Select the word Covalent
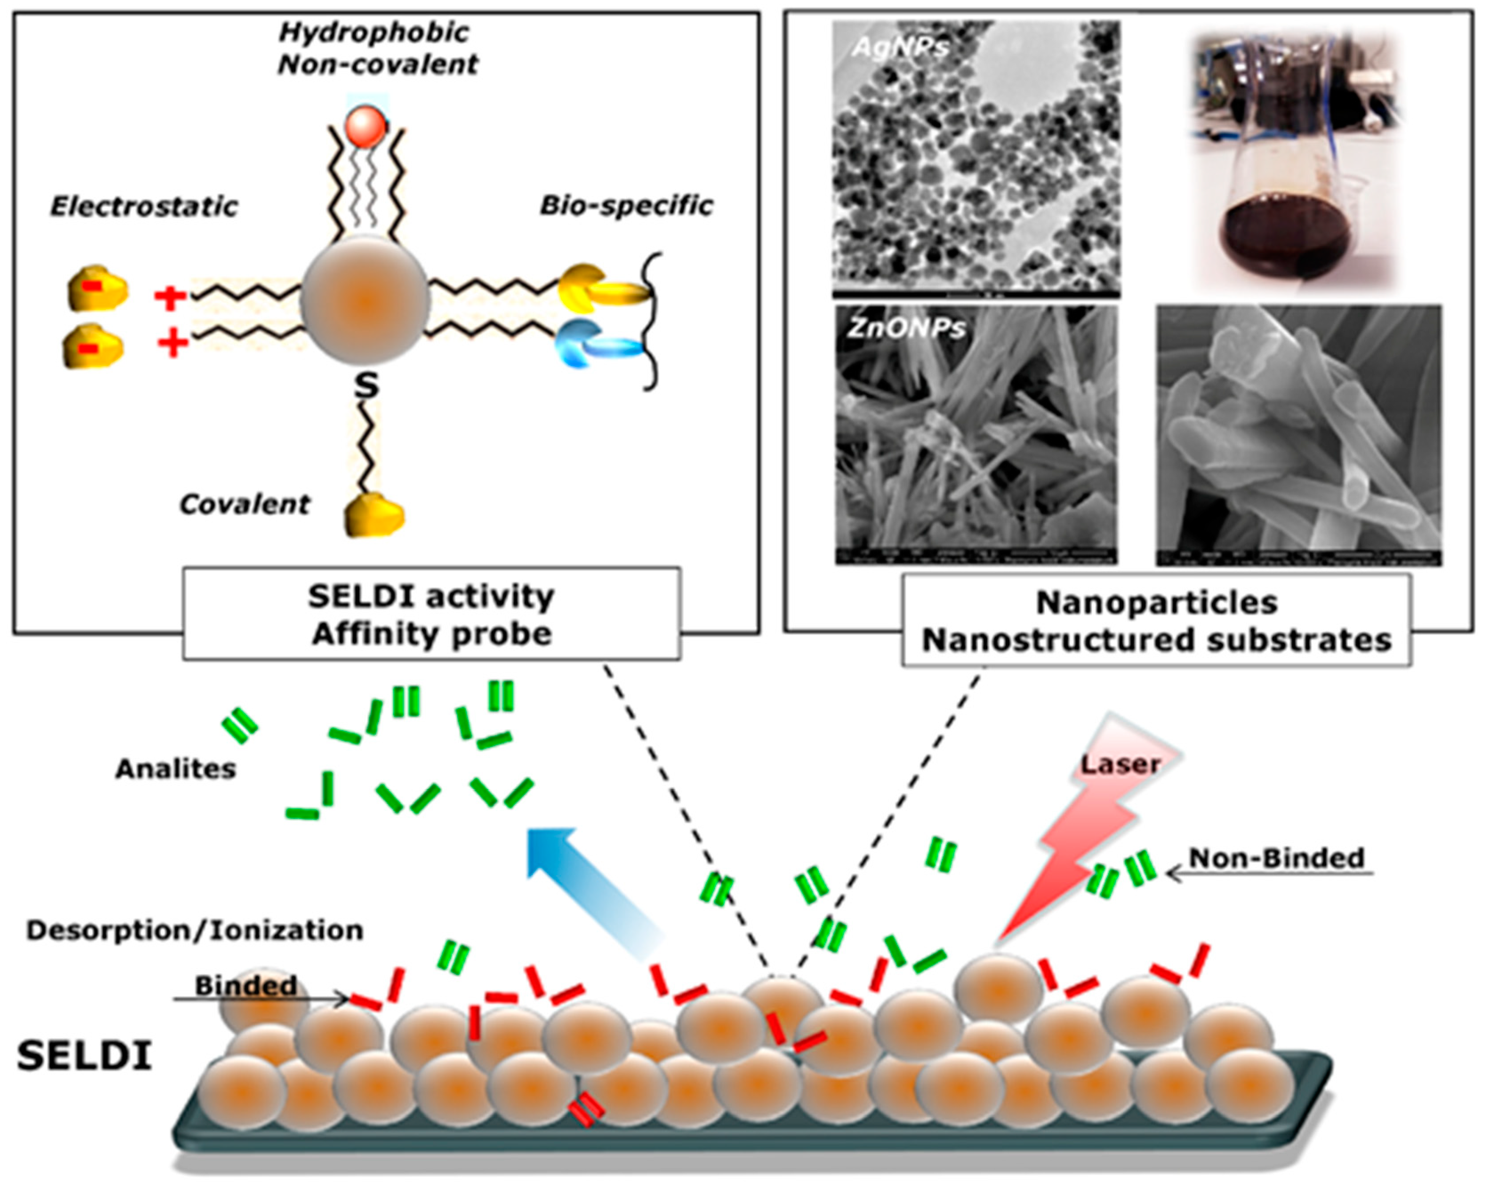click(x=245, y=505)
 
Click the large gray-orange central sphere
click(x=365, y=300)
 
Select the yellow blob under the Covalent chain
click(x=373, y=514)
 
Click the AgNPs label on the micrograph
click(x=900, y=47)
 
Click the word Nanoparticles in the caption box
click(x=1157, y=603)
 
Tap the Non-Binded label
click(x=1277, y=858)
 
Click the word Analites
click(x=175, y=768)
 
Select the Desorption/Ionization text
click(x=194, y=930)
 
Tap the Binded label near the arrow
click(x=245, y=985)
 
